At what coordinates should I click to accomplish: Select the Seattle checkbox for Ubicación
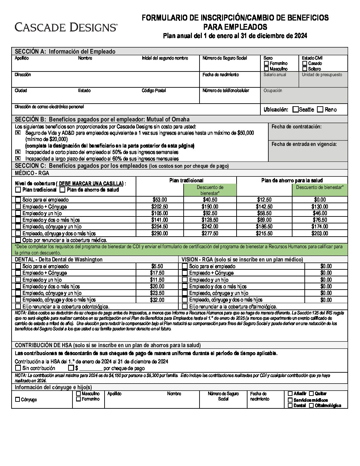tap(295, 110)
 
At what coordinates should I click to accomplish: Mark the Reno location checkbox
tap(320, 110)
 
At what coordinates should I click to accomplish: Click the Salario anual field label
tap(275, 75)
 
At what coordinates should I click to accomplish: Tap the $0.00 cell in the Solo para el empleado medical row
tap(320, 200)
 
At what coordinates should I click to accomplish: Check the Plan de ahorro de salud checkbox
tap(62, 190)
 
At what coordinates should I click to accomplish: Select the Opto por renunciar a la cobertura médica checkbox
tap(18, 240)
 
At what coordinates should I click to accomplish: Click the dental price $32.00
tap(157, 300)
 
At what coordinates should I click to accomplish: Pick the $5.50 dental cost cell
tap(157, 266)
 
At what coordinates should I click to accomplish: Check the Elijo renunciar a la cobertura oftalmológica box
tap(185, 307)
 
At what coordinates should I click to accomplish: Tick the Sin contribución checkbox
tap(18, 368)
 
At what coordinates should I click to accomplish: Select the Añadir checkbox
tap(290, 394)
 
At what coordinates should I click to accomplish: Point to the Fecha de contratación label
tap(296, 127)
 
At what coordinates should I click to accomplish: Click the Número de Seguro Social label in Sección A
tap(225, 58)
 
